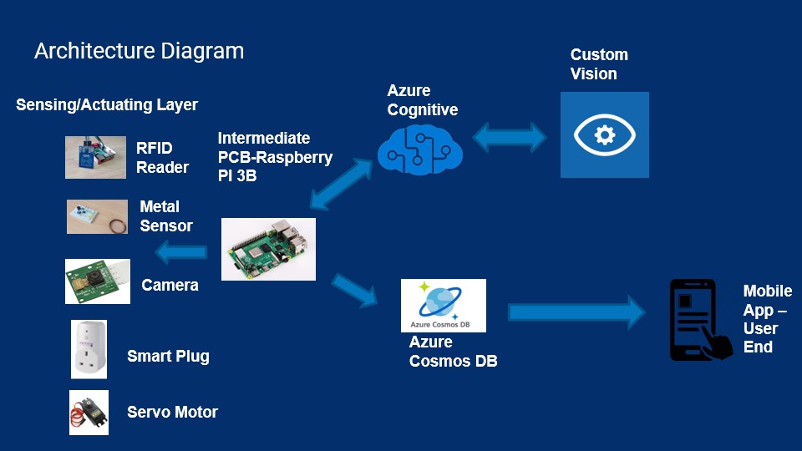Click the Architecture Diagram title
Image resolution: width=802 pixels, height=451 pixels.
[x=139, y=51]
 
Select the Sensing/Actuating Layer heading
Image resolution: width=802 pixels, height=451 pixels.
[x=107, y=104]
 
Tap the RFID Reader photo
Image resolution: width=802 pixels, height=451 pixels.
[x=95, y=157]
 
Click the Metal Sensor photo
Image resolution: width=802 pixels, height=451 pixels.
[x=97, y=216]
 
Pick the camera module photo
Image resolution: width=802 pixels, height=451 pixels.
[x=98, y=281]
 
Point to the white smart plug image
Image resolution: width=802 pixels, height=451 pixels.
[x=89, y=349]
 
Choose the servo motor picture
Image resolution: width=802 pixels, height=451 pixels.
[x=89, y=412]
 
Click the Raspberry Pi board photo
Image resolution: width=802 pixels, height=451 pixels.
[x=268, y=249]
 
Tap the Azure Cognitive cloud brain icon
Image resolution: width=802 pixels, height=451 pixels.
[x=419, y=149]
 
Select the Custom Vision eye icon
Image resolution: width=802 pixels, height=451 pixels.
[x=604, y=134]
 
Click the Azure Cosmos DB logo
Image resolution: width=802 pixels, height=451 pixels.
[x=444, y=306]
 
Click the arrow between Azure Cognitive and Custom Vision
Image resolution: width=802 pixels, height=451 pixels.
[x=511, y=136]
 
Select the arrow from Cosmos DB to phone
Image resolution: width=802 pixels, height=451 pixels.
[x=576, y=312]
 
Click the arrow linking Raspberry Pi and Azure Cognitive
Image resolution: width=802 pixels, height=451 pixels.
[x=341, y=185]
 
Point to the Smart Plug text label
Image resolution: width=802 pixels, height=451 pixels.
[x=168, y=357]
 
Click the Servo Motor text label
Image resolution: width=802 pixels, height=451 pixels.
[x=172, y=412]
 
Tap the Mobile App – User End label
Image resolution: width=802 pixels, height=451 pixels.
[x=766, y=319]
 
